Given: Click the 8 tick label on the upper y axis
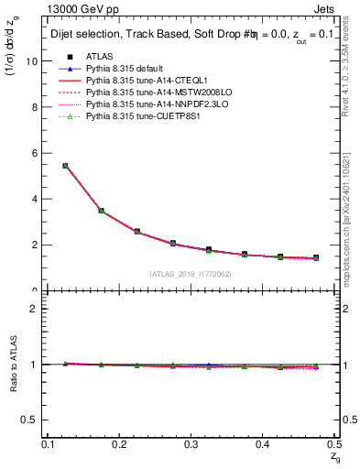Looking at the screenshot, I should point(37,107).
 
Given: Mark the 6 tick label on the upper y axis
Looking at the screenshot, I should point(37,153).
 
